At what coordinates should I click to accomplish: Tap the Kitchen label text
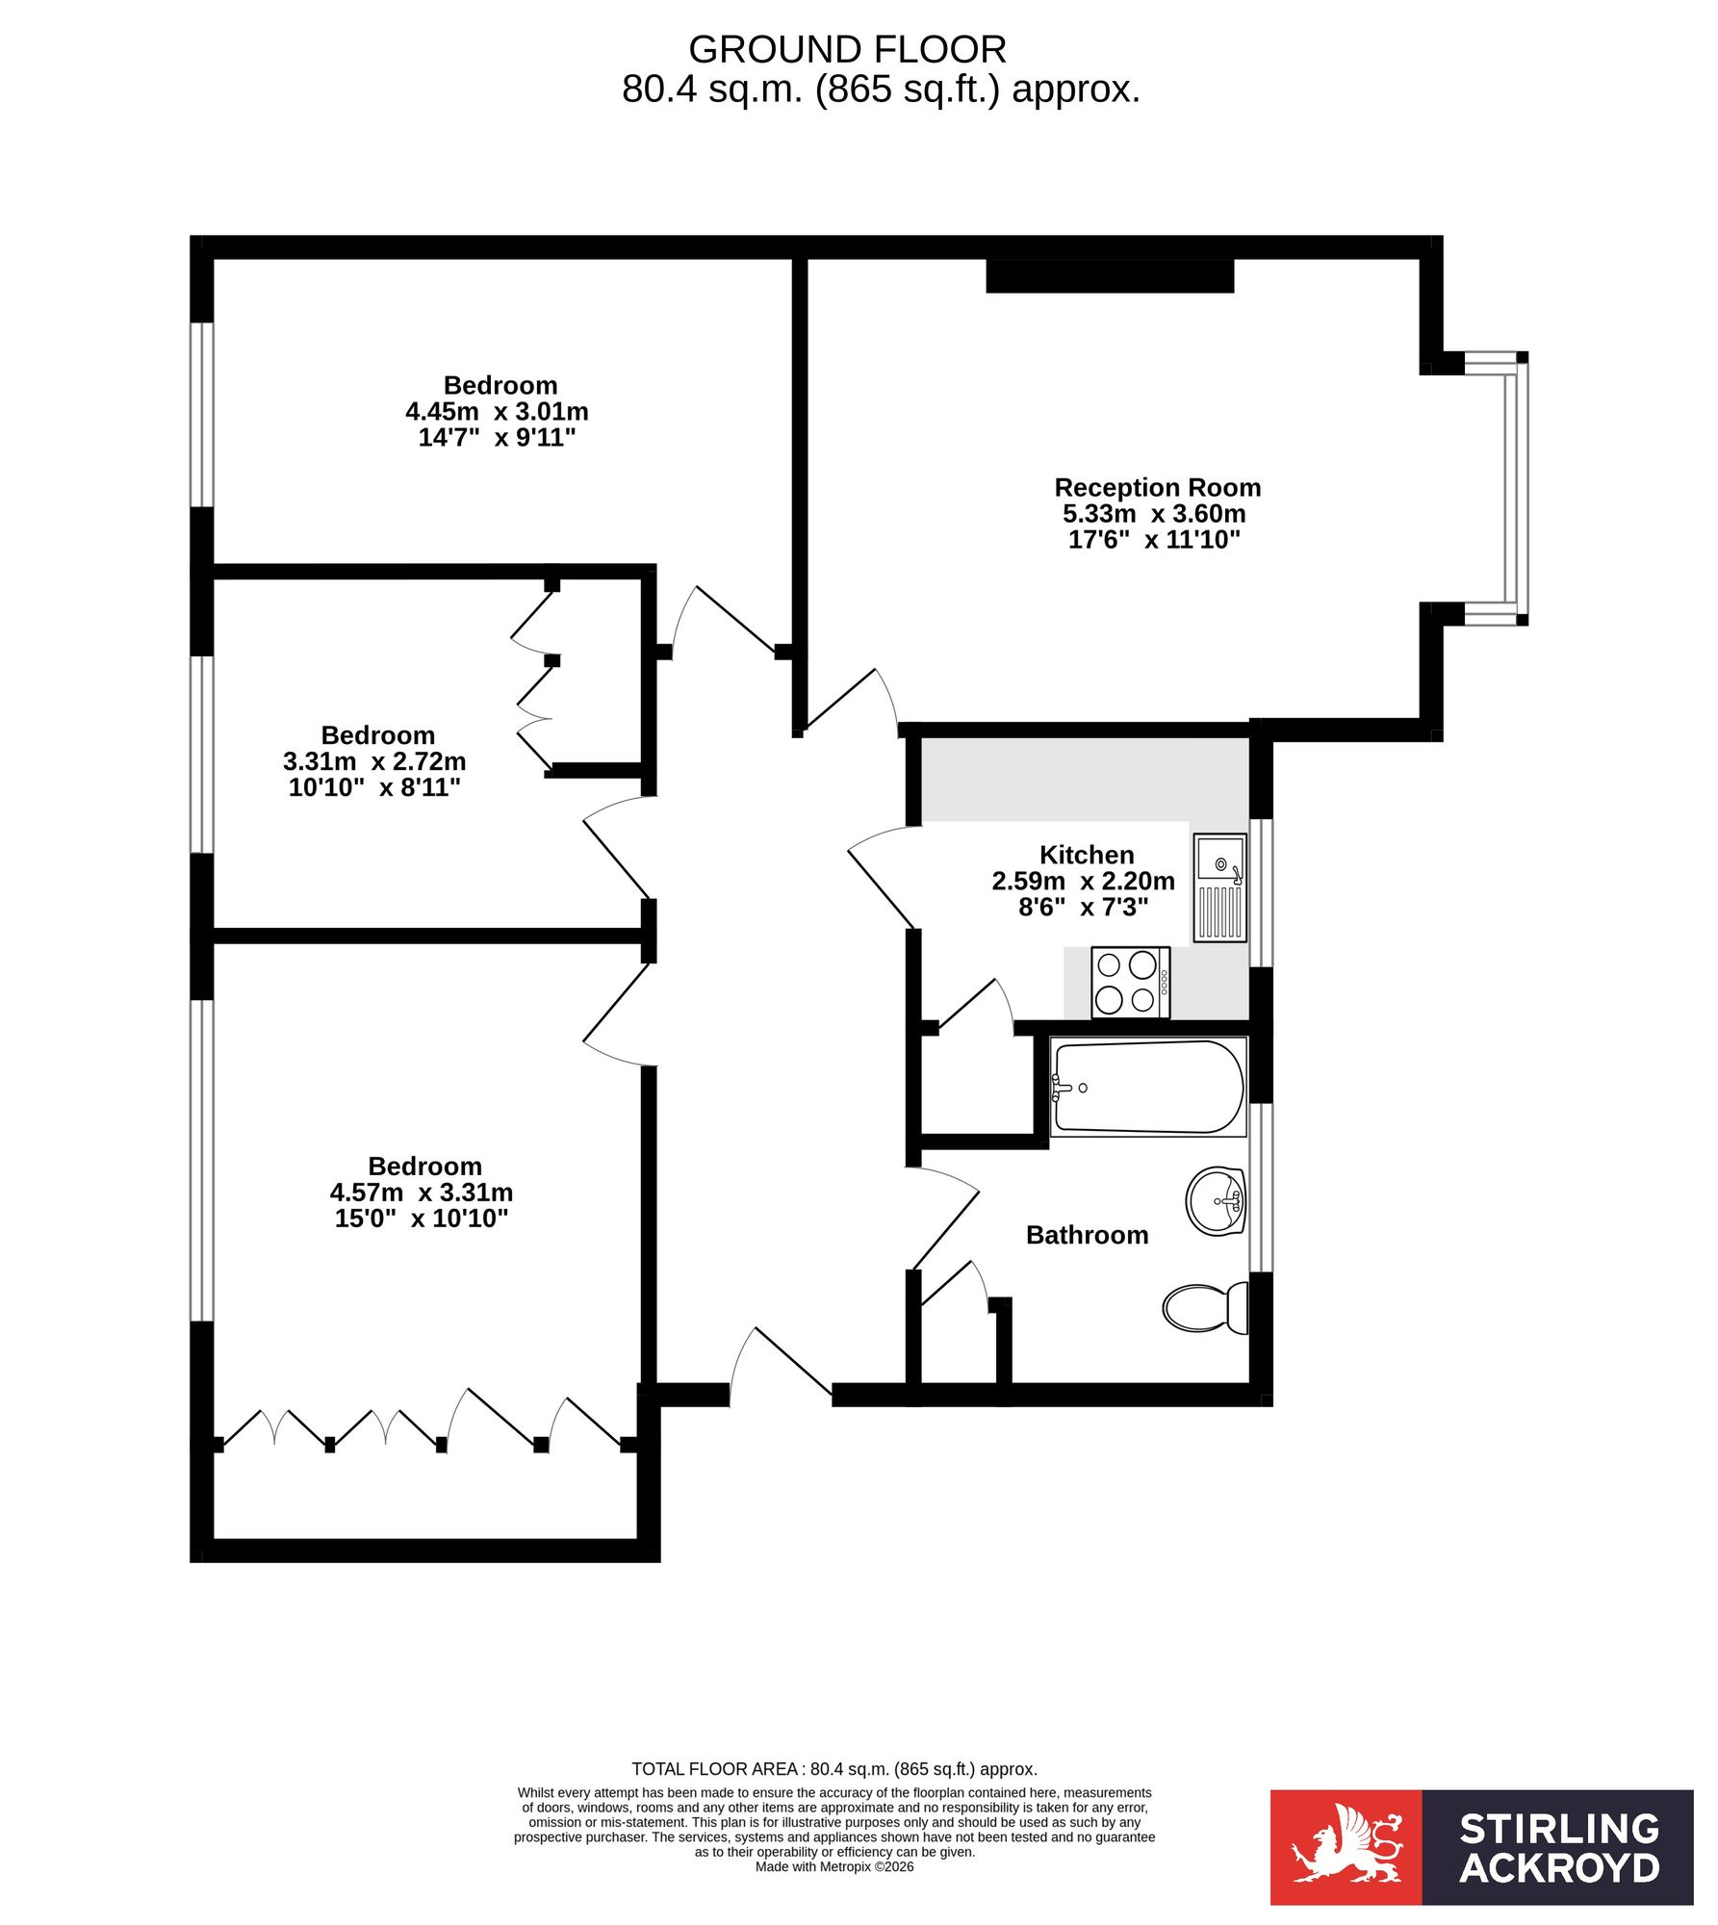(x=1087, y=855)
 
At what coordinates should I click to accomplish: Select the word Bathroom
(x=1088, y=1235)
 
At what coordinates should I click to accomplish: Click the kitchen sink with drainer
(x=1220, y=887)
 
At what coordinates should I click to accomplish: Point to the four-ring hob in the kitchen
(x=1131, y=983)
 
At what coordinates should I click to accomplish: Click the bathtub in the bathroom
(x=1148, y=1087)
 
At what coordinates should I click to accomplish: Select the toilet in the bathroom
(x=1206, y=1308)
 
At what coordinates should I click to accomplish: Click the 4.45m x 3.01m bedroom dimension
(x=497, y=412)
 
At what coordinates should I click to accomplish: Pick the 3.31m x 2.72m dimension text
(x=374, y=761)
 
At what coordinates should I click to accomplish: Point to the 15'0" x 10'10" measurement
(x=422, y=1219)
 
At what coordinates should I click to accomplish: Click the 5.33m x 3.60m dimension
(x=1154, y=513)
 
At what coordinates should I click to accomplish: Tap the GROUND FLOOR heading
(x=848, y=49)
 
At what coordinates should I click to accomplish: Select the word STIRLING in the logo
(x=1559, y=1829)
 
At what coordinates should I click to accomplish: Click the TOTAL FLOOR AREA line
(x=834, y=1768)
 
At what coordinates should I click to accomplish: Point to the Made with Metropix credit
(x=834, y=1866)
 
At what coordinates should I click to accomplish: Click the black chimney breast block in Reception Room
(x=1110, y=275)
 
